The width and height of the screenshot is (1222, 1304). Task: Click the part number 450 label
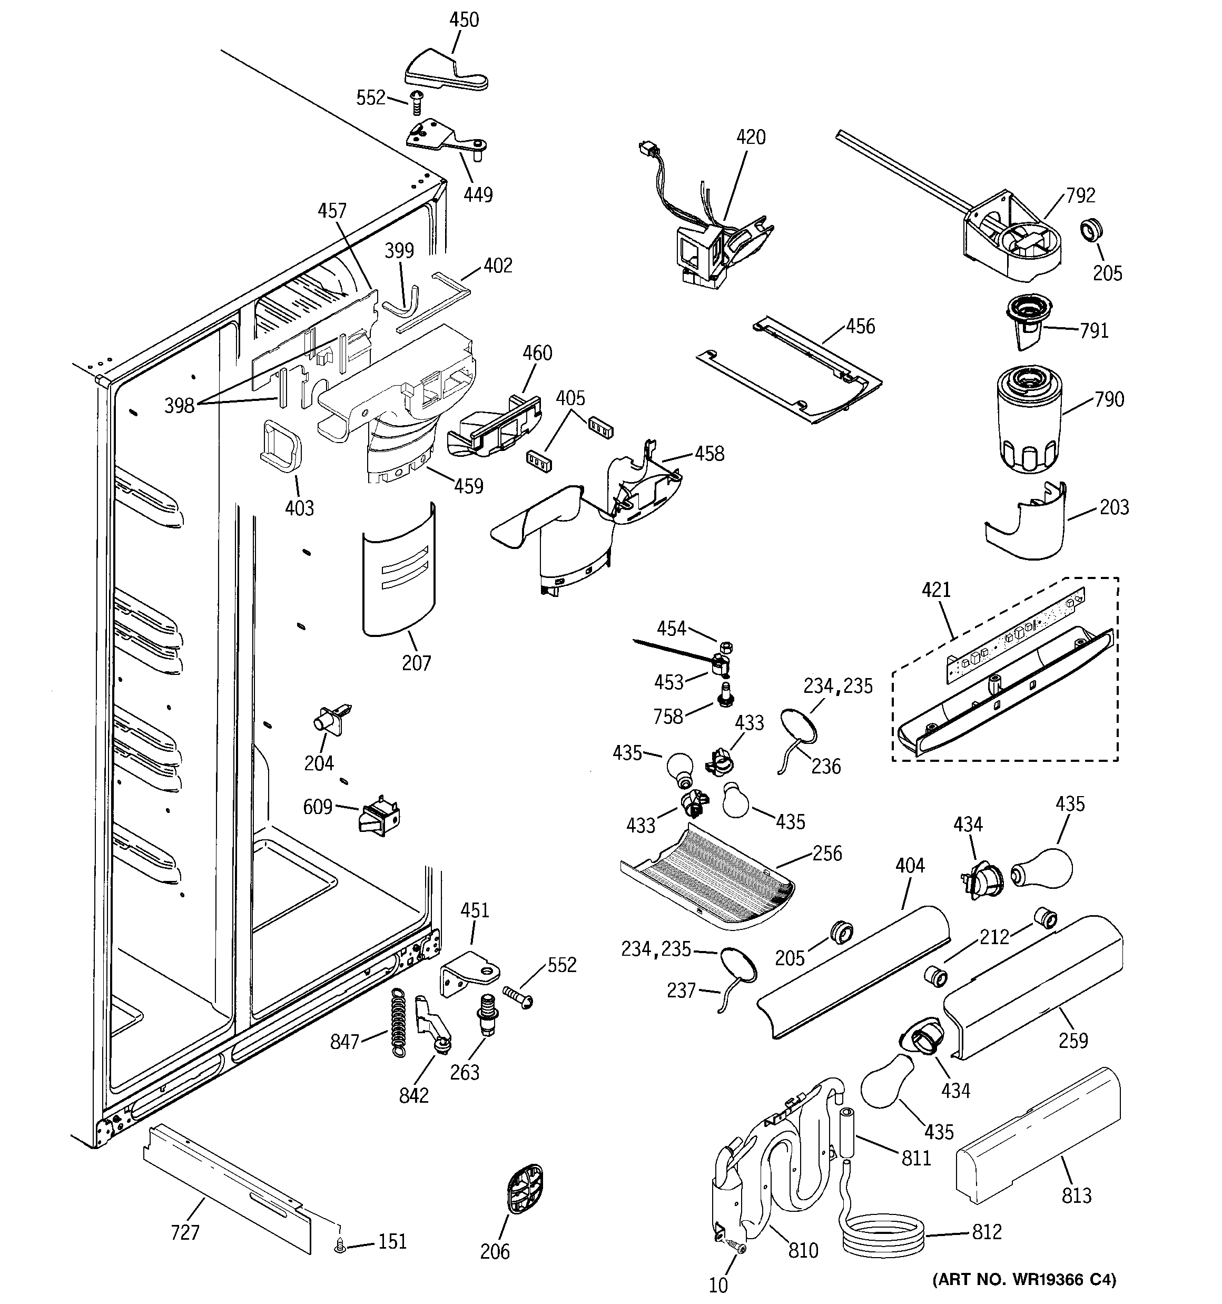coord(464,19)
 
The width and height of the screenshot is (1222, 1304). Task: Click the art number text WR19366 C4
coord(1023,1279)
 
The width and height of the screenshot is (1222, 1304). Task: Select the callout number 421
coord(936,590)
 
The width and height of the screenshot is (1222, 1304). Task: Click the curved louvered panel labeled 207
coord(398,570)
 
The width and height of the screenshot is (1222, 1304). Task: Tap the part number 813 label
coord(1077,1195)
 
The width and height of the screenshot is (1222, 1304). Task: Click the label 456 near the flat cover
coord(860,326)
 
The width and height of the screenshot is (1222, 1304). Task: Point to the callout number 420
coord(751,137)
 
